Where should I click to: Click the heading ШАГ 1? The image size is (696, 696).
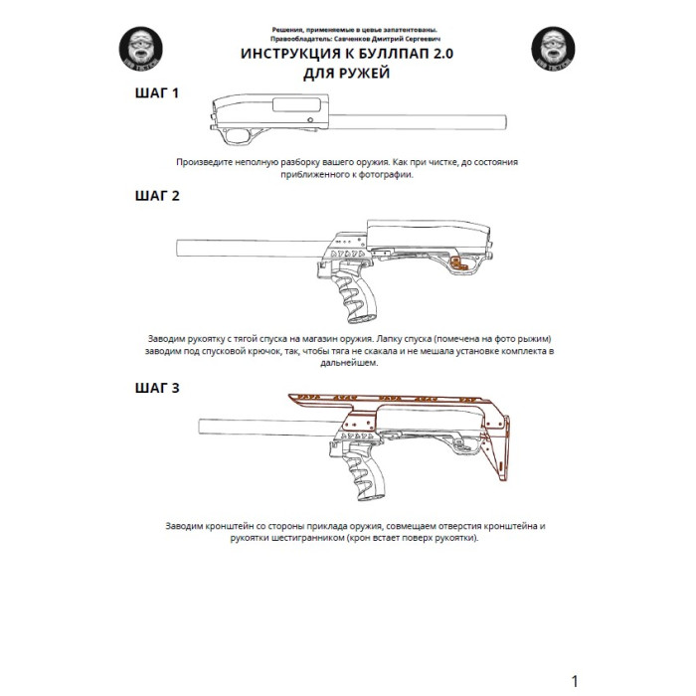click(157, 94)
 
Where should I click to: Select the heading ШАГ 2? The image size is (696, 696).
click(157, 196)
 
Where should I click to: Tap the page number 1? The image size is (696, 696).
click(574, 681)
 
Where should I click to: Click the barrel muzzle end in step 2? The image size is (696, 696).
click(179, 248)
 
